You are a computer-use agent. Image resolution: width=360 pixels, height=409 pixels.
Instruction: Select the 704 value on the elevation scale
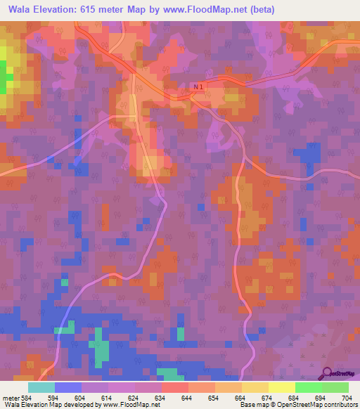click(x=348, y=398)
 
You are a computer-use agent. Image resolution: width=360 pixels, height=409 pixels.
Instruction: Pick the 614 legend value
click(x=108, y=398)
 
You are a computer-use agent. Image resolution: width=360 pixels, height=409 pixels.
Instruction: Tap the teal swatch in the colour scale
click(x=41, y=387)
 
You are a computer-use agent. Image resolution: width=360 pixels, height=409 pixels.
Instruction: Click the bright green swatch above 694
click(x=309, y=387)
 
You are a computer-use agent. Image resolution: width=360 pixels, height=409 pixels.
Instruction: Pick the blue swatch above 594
click(x=68, y=387)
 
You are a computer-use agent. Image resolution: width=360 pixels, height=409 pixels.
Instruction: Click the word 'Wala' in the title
click(x=21, y=9)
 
